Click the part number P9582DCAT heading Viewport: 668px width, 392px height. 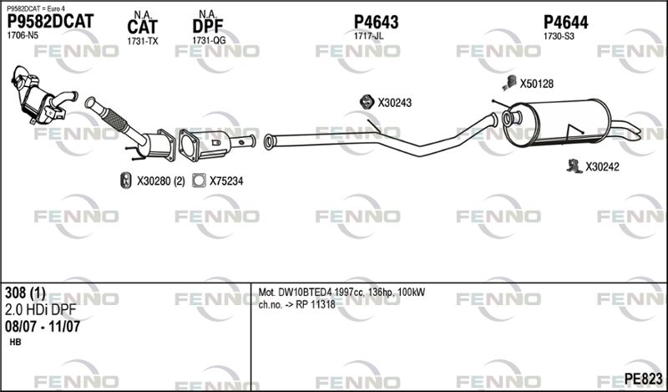[50, 22]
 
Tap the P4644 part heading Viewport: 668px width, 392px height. [565, 22]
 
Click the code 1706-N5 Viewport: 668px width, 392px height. [23, 36]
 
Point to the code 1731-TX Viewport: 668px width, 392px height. [143, 40]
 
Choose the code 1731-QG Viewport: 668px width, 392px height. [209, 40]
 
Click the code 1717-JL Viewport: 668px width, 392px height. [368, 36]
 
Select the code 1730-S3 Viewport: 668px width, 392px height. [559, 36]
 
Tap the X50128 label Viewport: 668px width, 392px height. [537, 84]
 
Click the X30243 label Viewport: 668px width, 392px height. [395, 103]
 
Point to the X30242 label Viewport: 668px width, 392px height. [602, 166]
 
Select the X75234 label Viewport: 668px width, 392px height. [226, 180]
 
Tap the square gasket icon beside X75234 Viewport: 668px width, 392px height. [199, 180]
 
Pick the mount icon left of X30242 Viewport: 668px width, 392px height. [573, 165]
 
